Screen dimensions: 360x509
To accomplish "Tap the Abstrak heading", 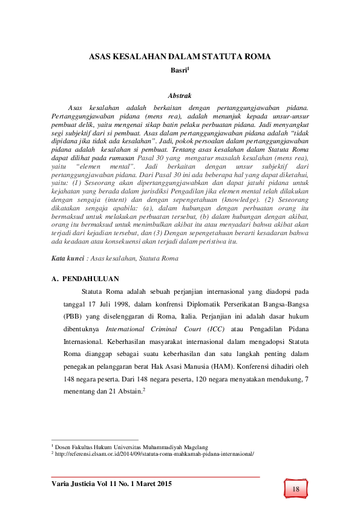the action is (179, 96).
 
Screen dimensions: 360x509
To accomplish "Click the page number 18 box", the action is (296, 488).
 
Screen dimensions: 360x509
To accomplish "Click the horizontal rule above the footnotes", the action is (95, 440).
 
